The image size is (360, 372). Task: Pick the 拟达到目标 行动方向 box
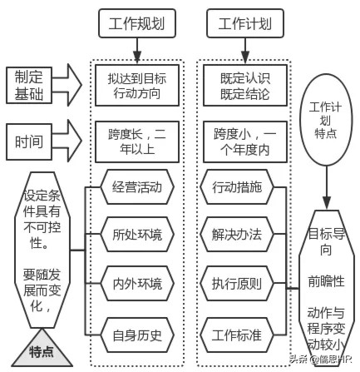pos(138,84)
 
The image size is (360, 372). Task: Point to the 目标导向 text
pos(327,241)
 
